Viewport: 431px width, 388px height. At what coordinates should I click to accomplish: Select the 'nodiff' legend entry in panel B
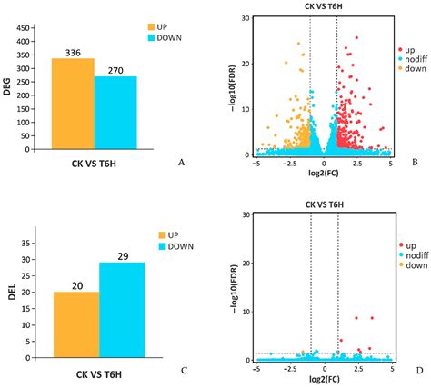click(x=412, y=59)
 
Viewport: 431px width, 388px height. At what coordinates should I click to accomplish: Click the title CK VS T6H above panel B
click(x=323, y=6)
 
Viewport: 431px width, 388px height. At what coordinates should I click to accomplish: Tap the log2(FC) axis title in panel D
click(x=324, y=379)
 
